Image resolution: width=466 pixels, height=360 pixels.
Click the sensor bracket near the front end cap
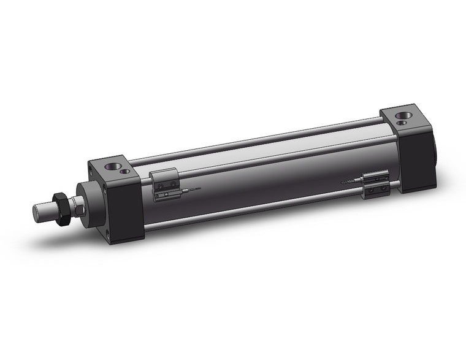click(164, 183)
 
